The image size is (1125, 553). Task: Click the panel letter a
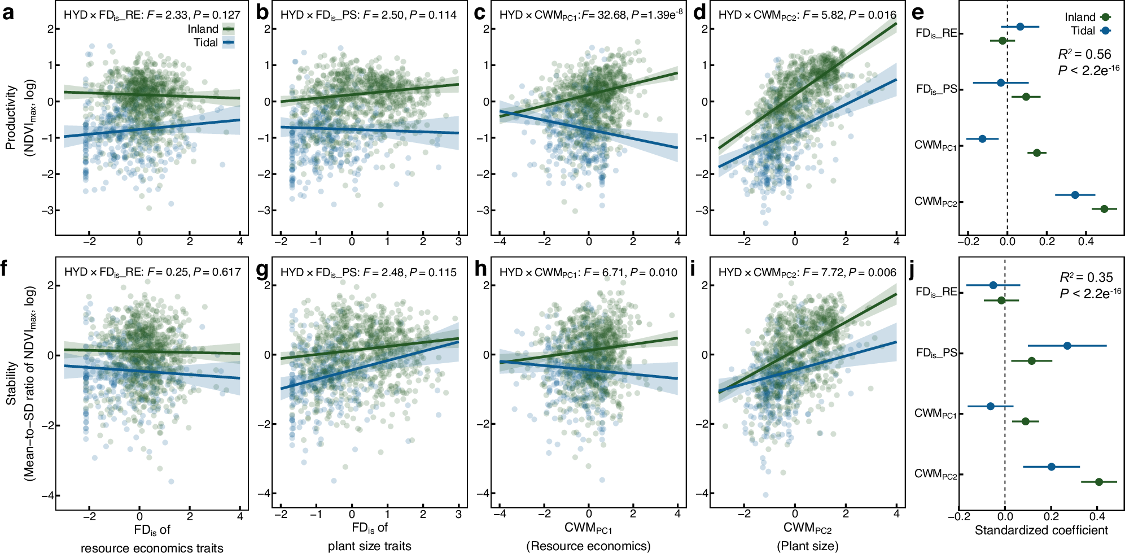coord(8,12)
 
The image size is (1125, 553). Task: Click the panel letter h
coord(480,269)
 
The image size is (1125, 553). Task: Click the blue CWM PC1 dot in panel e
coord(982,138)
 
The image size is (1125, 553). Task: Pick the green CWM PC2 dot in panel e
coord(1104,209)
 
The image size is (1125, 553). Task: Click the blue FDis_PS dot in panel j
coord(1067,346)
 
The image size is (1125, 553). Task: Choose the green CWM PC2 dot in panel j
coord(1098,482)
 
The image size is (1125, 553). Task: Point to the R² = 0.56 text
coord(1084,54)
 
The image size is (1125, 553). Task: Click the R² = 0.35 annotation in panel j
coord(1085,277)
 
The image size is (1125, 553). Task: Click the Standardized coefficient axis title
coord(1041,530)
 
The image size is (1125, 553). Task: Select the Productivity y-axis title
coord(10,117)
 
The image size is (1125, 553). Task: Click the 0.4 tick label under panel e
coord(1085,242)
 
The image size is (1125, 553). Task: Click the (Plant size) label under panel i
coord(807,546)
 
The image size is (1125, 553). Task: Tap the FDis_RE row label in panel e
coord(936,33)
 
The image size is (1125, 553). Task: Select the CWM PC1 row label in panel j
coord(935,413)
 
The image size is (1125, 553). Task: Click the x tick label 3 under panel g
coord(458,514)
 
